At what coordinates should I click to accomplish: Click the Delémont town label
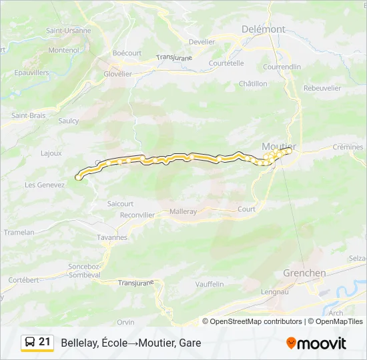point(264,29)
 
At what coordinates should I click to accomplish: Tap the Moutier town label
point(279,146)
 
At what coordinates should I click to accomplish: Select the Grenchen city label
point(304,273)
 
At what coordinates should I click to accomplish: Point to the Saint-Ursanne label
point(68,31)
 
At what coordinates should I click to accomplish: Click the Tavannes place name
point(112,237)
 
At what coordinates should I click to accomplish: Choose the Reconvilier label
point(137,215)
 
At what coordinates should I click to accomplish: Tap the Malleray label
point(183,211)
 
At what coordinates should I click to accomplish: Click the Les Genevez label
point(45,185)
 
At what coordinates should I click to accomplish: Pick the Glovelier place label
point(117,74)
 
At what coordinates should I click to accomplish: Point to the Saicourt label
point(120,203)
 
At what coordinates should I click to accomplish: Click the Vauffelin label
point(210,283)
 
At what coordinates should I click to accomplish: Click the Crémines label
point(348,147)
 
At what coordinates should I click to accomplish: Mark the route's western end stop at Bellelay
point(79,177)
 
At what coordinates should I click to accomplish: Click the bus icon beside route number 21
point(31,343)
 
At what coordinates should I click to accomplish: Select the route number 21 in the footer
point(45,342)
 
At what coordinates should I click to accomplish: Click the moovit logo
point(316,343)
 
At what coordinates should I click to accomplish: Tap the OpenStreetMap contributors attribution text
point(256,321)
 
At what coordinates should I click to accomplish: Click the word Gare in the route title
point(189,343)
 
